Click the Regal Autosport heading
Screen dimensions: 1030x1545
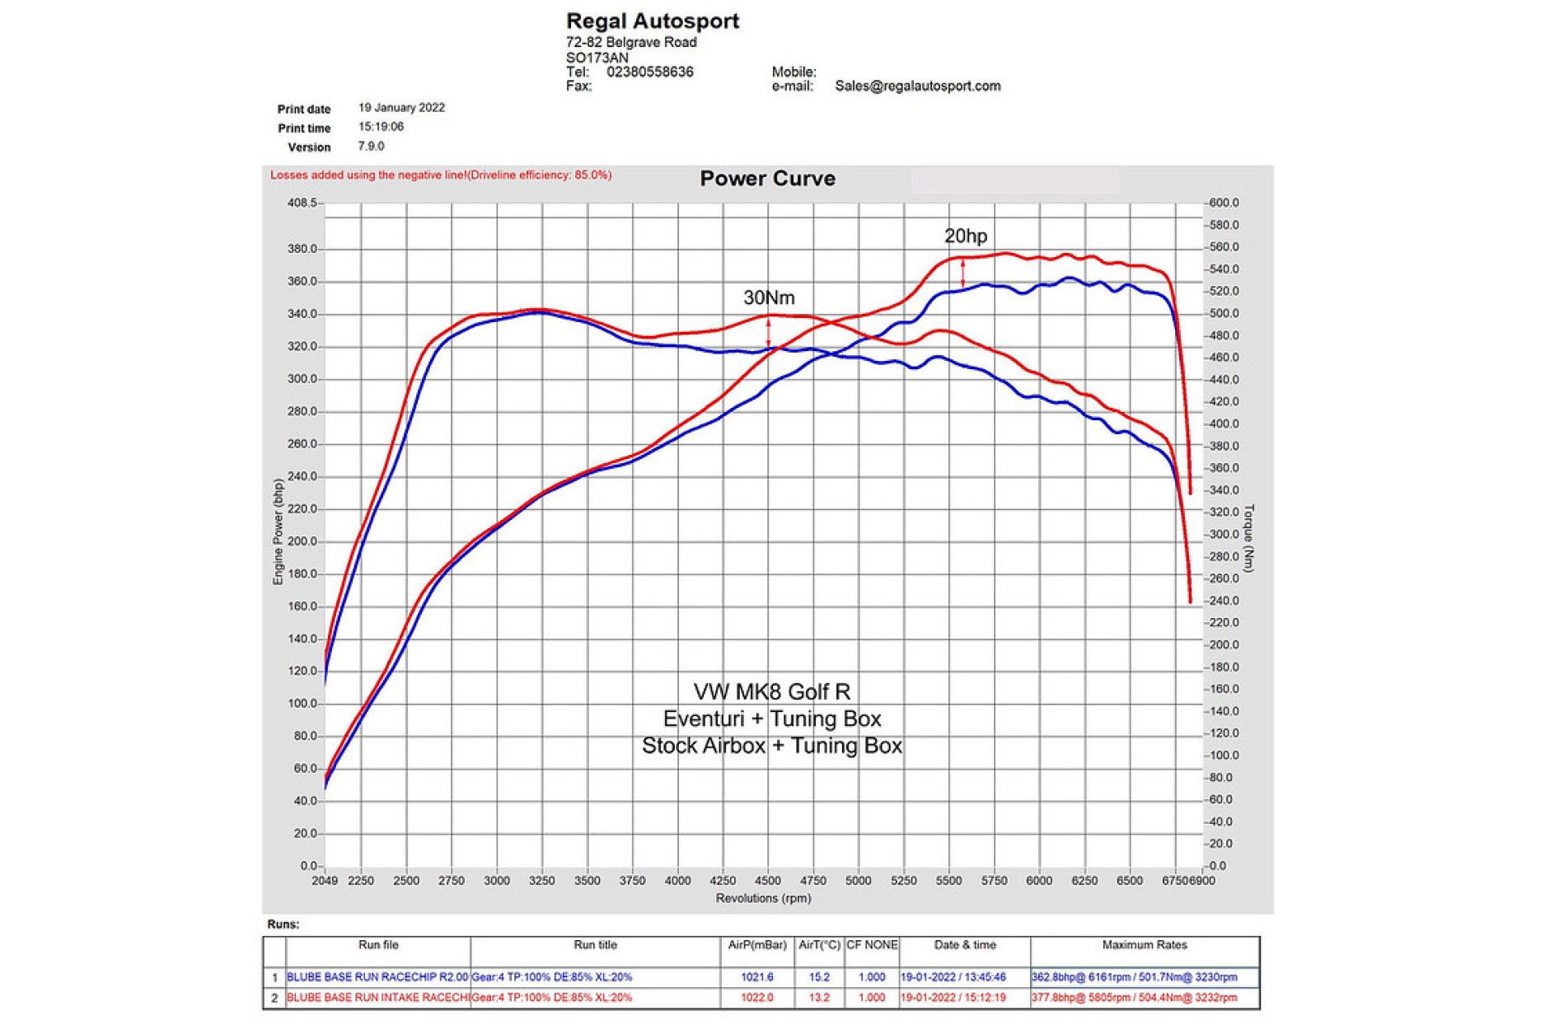[x=652, y=21]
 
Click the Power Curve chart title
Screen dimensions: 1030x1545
[x=767, y=179]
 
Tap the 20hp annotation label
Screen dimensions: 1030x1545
[x=965, y=236]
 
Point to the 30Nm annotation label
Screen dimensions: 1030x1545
[x=769, y=297]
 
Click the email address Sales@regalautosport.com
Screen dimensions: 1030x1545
[x=917, y=86]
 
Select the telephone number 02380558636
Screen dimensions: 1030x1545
[x=649, y=72]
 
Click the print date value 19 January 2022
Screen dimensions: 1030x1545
[x=401, y=108]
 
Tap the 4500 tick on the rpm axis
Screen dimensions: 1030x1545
[x=767, y=880]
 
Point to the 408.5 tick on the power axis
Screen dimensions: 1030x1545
[x=302, y=203]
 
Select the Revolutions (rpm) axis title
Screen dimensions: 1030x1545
[x=763, y=898]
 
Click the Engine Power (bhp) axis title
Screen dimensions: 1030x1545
[x=279, y=532]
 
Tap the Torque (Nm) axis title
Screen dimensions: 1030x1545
[x=1248, y=538]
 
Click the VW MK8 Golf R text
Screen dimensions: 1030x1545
[x=771, y=691]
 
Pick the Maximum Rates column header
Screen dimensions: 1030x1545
[x=1144, y=945]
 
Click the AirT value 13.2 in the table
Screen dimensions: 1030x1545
[x=819, y=997]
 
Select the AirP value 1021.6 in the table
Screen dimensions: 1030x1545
[x=757, y=977]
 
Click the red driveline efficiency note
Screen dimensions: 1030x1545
[x=441, y=176]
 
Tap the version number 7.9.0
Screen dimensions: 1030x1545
[x=371, y=146]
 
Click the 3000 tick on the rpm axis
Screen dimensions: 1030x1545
[x=496, y=880]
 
